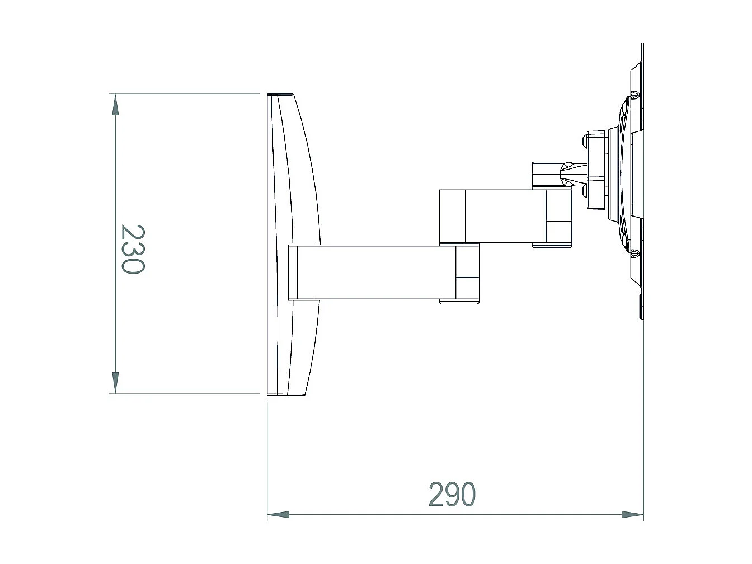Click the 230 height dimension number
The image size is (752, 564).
click(x=133, y=249)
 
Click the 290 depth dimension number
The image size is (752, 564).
click(x=452, y=495)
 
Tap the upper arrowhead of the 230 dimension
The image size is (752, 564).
click(x=115, y=105)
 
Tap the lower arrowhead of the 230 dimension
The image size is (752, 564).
click(x=115, y=382)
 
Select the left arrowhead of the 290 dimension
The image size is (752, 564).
click(x=278, y=514)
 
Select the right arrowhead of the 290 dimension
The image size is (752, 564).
click(x=632, y=514)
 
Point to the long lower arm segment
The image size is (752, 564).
click(x=375, y=272)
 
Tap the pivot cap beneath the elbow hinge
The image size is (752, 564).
click(x=459, y=302)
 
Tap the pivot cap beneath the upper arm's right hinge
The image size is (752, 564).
click(x=551, y=245)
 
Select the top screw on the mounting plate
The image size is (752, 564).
click(x=634, y=94)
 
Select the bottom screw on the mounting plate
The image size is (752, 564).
click(x=634, y=253)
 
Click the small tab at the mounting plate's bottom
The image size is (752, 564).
click(x=641, y=307)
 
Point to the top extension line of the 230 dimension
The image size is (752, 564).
click(x=185, y=93)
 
